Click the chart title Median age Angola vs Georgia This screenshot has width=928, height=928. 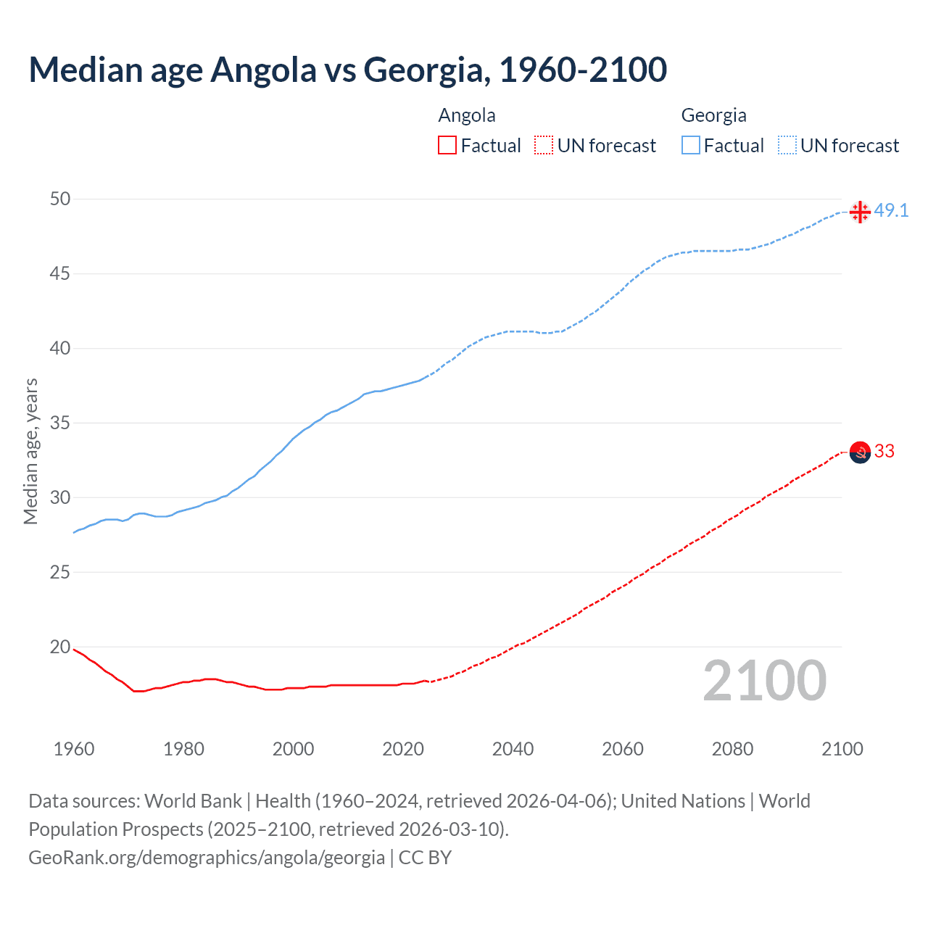347,70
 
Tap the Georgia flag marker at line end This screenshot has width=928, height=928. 860,212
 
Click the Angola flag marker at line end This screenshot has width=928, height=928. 860,452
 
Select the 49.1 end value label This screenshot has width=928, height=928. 891,211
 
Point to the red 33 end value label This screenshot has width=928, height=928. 884,452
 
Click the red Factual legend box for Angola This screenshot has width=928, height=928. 447,146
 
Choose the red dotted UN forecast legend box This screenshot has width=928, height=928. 544,146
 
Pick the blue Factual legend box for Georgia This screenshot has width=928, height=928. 691,146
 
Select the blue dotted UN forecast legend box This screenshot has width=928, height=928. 787,146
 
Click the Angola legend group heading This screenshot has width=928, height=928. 467,115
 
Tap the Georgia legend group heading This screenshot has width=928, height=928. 713,115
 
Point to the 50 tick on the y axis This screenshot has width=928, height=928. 60,199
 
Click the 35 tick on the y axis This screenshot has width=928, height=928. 60,423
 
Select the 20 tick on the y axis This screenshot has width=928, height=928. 60,647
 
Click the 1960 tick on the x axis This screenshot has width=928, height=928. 74,749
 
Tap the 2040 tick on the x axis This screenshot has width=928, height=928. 513,749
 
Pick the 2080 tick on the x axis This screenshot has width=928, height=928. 732,749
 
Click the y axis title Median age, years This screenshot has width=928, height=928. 30,451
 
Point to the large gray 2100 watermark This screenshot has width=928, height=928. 765,681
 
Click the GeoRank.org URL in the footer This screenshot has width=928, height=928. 207,858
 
